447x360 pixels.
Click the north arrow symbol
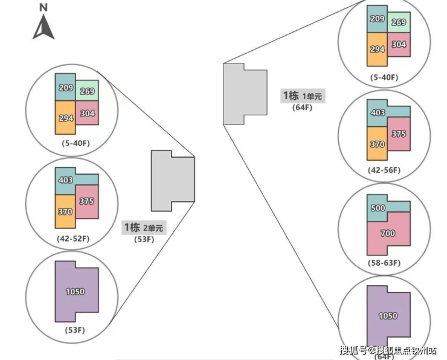pyautogui.click(x=43, y=27)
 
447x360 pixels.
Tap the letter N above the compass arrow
pyautogui.click(x=43, y=7)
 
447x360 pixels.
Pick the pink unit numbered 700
pyautogui.click(x=387, y=233)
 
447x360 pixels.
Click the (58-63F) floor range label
pyautogui.click(x=384, y=263)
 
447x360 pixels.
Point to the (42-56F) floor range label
pyautogui.click(x=384, y=170)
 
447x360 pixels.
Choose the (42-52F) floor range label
pyautogui.click(x=72, y=239)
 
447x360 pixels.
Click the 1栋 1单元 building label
pyautogui.click(x=302, y=95)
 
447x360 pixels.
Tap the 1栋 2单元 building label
pyautogui.click(x=143, y=228)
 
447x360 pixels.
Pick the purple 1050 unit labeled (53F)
pyautogui.click(x=75, y=291)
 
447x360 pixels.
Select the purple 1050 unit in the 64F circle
pyautogui.click(x=387, y=315)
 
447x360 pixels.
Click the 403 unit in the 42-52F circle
pyautogui.click(x=66, y=180)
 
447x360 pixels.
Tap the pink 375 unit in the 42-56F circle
pyautogui.click(x=398, y=134)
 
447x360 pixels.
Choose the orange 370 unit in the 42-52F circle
pyautogui.click(x=65, y=211)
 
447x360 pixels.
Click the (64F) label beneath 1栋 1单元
pyautogui.click(x=302, y=108)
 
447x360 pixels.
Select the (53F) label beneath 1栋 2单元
pyautogui.click(x=143, y=239)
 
